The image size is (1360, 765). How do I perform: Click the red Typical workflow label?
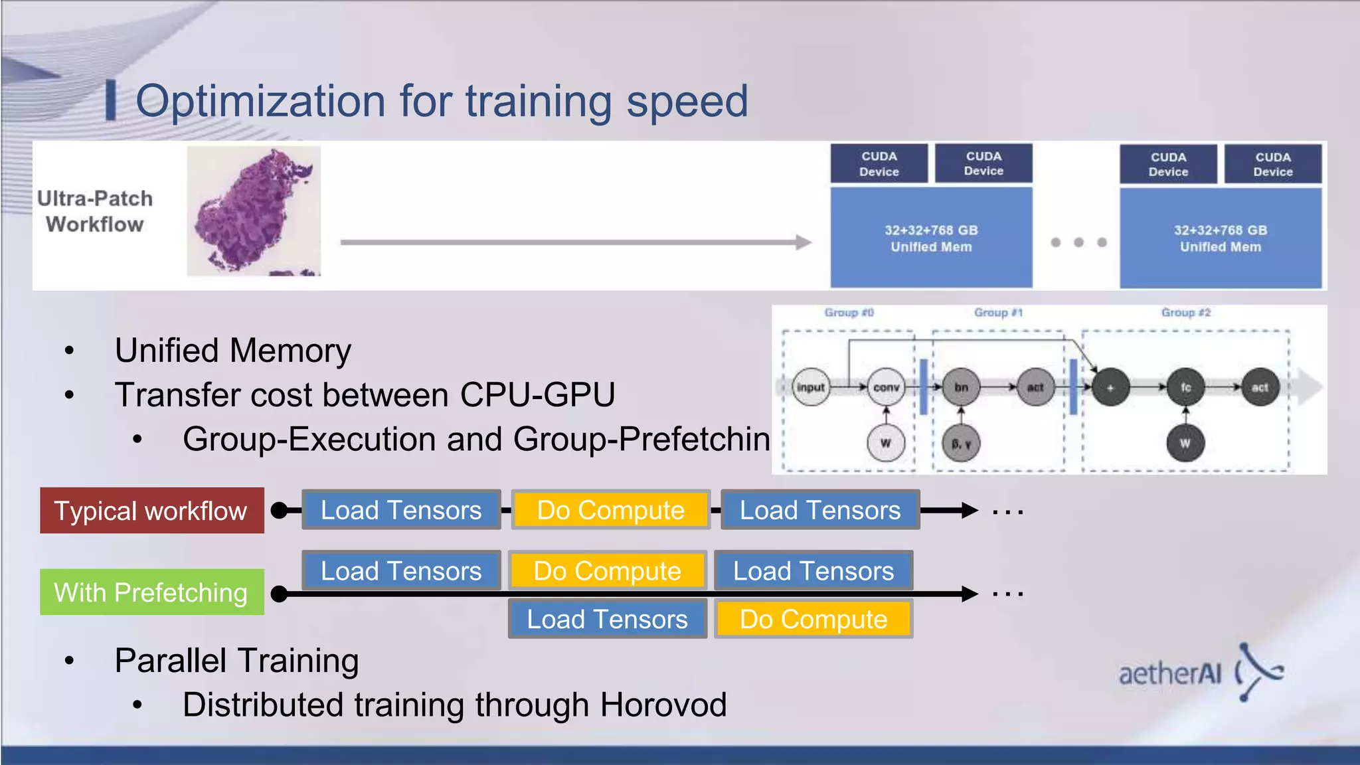pyautogui.click(x=151, y=511)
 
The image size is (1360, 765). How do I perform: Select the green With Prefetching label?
pyautogui.click(x=151, y=592)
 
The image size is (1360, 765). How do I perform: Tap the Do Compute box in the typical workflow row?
pyautogui.click(x=610, y=510)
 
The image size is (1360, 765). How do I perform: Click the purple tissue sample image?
pyautogui.click(x=254, y=211)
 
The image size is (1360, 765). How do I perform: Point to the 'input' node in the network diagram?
pyautogui.click(x=811, y=387)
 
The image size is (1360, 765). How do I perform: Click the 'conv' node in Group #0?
pyautogui.click(x=886, y=387)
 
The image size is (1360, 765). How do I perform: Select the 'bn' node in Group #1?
pyautogui.click(x=961, y=387)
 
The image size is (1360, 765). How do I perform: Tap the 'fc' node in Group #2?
pyautogui.click(x=1185, y=387)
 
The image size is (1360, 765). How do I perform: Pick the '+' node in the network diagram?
pyautogui.click(x=1110, y=387)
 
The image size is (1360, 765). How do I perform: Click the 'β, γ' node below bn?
pyautogui.click(x=961, y=443)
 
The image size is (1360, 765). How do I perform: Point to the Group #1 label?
pyautogui.click(x=998, y=313)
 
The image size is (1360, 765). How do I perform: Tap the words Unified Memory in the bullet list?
pyautogui.click(x=233, y=351)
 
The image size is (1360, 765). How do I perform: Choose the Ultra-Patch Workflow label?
pyautogui.click(x=95, y=211)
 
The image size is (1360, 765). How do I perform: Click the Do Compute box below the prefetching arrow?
pyautogui.click(x=813, y=619)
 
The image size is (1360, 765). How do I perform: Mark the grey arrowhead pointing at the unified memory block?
pyautogui.click(x=804, y=242)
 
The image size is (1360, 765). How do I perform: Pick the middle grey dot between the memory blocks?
pyautogui.click(x=1079, y=242)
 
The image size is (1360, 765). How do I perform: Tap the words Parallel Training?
pyautogui.click(x=236, y=661)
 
